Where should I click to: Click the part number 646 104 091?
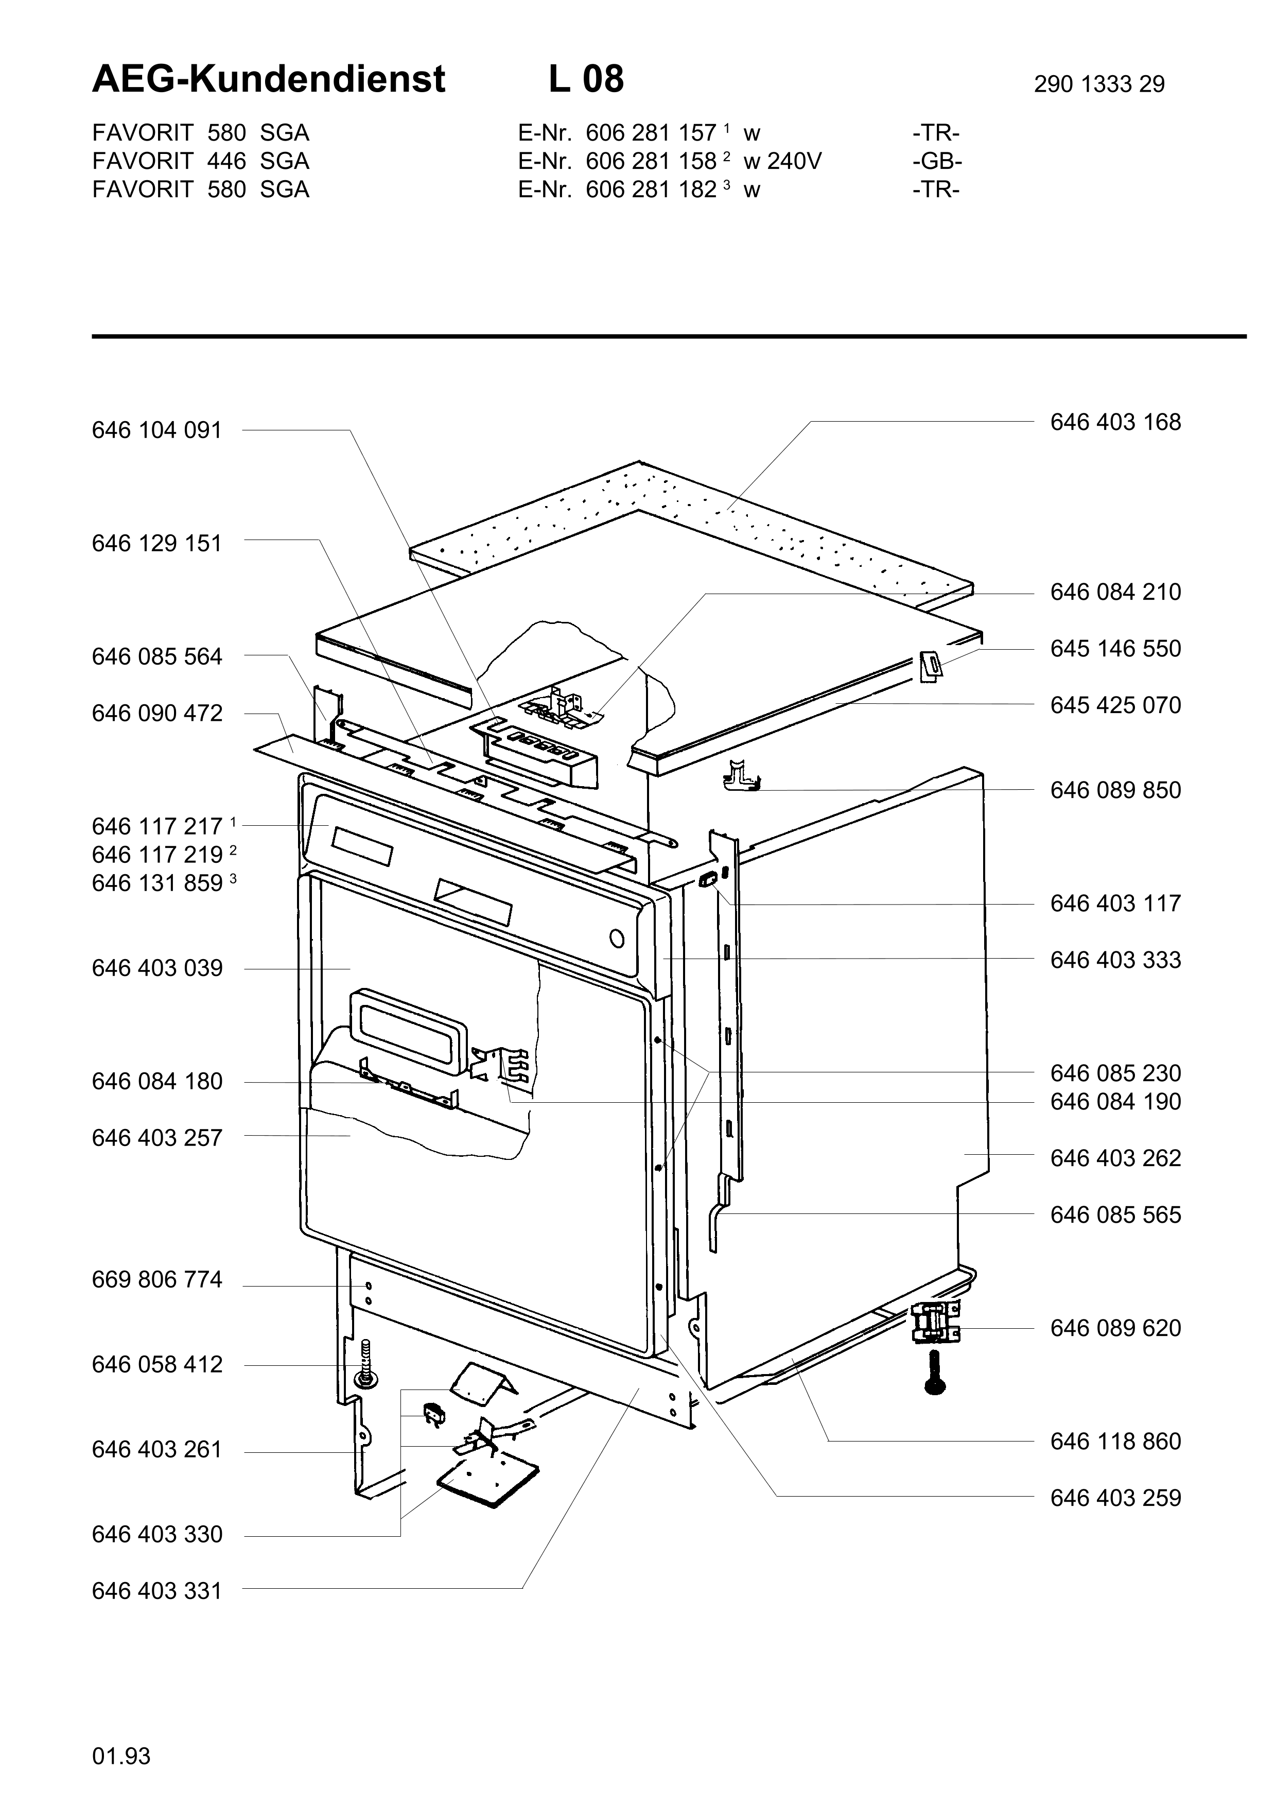click(x=157, y=430)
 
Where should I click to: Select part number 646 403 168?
click(x=1115, y=422)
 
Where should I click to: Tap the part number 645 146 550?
click(x=1115, y=649)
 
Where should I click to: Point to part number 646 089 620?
click(x=1115, y=1329)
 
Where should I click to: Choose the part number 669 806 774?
click(x=157, y=1280)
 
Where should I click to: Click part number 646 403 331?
click(x=157, y=1591)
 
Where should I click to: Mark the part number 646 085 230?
click(x=1115, y=1074)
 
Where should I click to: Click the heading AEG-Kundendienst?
click(x=269, y=79)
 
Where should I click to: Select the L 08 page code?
click(x=586, y=79)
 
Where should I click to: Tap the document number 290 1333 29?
click(x=1098, y=84)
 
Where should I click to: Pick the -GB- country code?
click(x=937, y=161)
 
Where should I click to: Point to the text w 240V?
click(x=782, y=161)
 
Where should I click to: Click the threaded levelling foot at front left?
click(x=365, y=1365)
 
